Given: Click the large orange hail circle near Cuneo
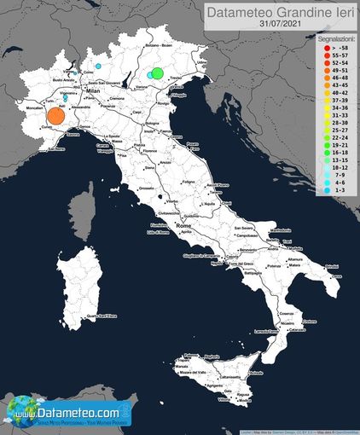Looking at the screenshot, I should [x=56, y=116].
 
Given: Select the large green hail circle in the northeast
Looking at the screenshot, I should [x=158, y=72].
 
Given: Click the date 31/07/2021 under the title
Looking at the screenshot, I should [x=282, y=25].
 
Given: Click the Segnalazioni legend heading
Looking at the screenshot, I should [x=330, y=40].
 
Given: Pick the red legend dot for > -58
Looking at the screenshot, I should [x=328, y=49].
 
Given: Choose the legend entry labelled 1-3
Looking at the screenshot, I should [x=337, y=191].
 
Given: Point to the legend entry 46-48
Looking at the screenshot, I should [x=337, y=78].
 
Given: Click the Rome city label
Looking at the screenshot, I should [x=182, y=226].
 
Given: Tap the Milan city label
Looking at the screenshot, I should [x=94, y=90].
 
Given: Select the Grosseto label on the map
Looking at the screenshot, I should [x=146, y=188].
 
